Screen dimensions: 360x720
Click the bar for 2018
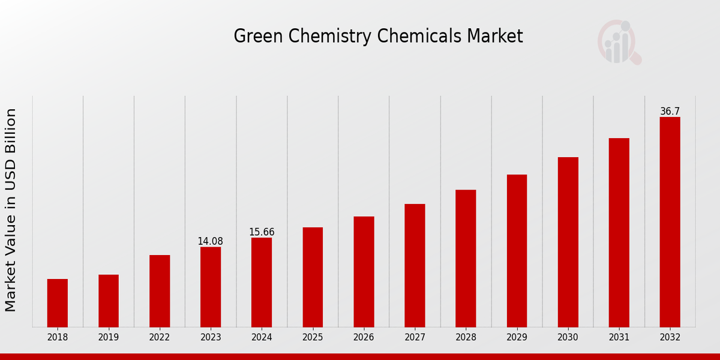coord(58,303)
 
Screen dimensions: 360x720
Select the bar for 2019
coord(109,301)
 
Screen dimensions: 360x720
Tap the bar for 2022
coord(160,291)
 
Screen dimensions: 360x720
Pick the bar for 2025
coord(313,277)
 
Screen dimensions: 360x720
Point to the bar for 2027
coord(415,265)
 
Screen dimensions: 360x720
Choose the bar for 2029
coord(517,251)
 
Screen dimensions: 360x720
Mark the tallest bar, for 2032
coord(670,222)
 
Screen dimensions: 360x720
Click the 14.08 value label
coord(210,241)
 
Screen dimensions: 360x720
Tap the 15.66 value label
coord(262,232)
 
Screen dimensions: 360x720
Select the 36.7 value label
coord(670,112)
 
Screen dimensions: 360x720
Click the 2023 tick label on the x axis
coord(211,337)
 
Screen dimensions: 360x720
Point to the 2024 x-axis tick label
coord(262,337)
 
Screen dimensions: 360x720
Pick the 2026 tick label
coord(364,337)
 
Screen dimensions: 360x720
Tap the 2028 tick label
coord(466,337)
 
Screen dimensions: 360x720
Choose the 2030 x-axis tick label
coord(568,337)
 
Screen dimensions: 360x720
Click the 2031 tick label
coord(619,337)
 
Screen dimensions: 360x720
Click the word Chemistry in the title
coord(329,37)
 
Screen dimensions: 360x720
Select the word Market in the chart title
coord(495,36)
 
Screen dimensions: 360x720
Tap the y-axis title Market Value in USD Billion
coord(11,210)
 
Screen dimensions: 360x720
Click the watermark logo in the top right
coord(619,42)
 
